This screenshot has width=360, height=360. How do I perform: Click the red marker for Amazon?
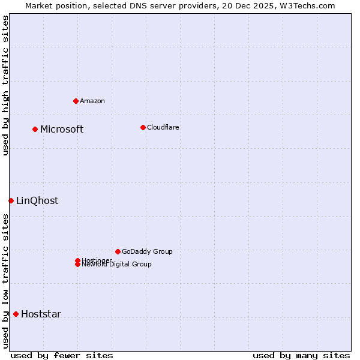[x=76, y=101]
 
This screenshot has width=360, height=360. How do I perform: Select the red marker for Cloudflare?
[x=143, y=127]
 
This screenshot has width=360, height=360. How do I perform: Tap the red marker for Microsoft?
[x=35, y=129]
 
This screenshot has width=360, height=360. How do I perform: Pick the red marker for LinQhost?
[x=11, y=200]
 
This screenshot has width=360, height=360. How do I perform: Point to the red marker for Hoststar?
[x=16, y=314]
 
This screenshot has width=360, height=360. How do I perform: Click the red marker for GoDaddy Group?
[x=118, y=251]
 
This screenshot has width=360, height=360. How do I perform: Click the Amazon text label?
[x=92, y=101]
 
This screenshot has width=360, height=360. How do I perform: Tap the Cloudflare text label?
[x=163, y=127]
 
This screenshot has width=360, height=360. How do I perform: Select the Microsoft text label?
[x=62, y=129]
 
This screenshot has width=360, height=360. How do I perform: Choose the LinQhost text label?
[x=37, y=200]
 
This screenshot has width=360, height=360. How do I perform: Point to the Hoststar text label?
[x=41, y=314]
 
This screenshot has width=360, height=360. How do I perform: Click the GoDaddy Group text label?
[x=147, y=251]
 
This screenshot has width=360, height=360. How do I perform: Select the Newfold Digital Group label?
[x=116, y=265]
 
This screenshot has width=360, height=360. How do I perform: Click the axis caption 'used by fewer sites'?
[x=62, y=355]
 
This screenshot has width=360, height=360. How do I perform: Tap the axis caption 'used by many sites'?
[x=301, y=355]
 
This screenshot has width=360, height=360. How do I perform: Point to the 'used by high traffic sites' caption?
[x=5, y=85]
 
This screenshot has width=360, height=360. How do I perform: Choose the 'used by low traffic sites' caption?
[x=5, y=281]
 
